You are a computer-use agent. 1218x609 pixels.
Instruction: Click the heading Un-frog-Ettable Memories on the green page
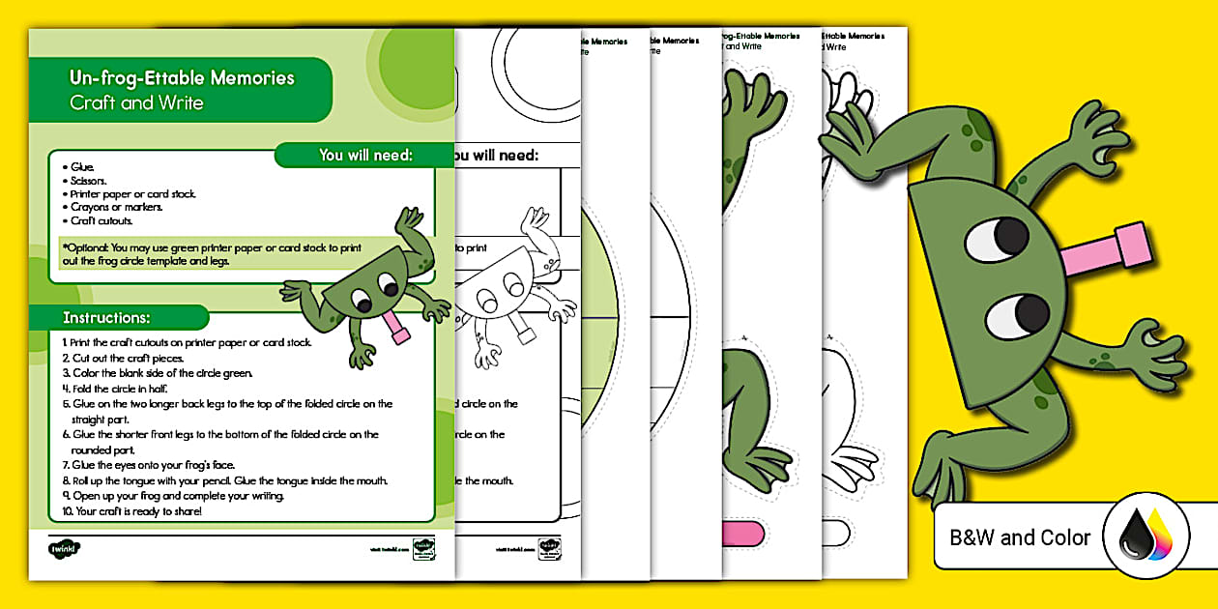[x=182, y=77]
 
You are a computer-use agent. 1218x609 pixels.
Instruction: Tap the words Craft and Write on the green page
[x=136, y=102]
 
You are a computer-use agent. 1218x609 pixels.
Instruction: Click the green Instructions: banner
[x=106, y=317]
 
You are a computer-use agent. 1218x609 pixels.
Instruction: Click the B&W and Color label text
[x=1020, y=537]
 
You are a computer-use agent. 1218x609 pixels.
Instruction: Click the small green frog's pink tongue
[x=397, y=328]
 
